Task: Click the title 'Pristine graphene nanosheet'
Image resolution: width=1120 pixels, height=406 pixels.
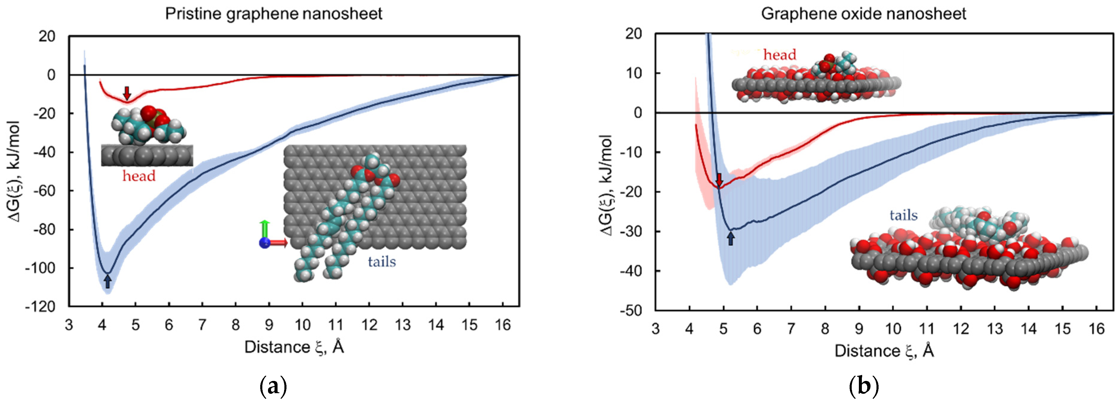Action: tap(273, 14)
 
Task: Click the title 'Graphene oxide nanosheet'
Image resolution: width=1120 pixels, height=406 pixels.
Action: tap(863, 14)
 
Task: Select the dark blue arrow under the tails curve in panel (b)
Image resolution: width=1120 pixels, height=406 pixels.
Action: tap(731, 238)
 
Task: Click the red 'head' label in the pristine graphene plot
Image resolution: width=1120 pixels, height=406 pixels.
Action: tap(139, 176)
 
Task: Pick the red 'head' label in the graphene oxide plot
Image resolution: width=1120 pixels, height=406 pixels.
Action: tap(779, 55)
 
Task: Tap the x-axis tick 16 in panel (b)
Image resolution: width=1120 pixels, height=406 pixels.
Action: tap(1096, 329)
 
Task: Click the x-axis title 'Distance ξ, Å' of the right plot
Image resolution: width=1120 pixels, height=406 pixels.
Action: tap(884, 351)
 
